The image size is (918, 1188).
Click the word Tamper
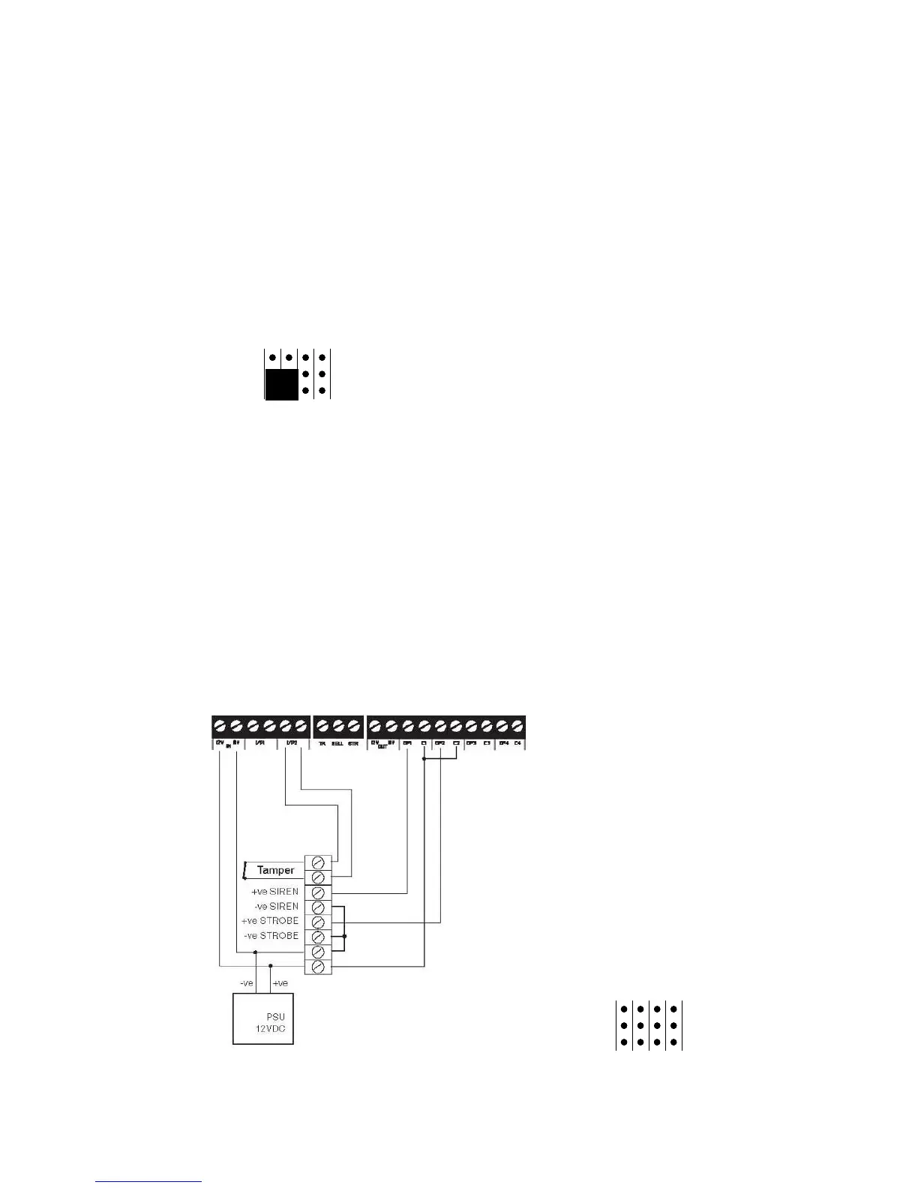point(275,870)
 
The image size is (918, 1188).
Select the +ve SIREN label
point(274,892)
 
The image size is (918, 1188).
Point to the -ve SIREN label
point(276,906)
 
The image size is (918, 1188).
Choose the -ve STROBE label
point(271,936)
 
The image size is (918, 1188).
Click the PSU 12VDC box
point(262,1018)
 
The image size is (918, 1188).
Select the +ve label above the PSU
point(280,983)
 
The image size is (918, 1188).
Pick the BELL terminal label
point(337,743)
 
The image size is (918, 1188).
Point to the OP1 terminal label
point(407,743)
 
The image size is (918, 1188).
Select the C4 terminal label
point(517,743)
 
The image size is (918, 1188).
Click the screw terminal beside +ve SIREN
point(318,892)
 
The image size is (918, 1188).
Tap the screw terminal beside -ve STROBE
point(318,937)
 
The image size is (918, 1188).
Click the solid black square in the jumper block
point(281,383)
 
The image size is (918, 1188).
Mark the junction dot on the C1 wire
point(424,759)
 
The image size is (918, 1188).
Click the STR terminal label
point(353,743)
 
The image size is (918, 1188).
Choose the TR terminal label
point(322,743)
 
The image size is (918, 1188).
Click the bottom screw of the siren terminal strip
point(318,967)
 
